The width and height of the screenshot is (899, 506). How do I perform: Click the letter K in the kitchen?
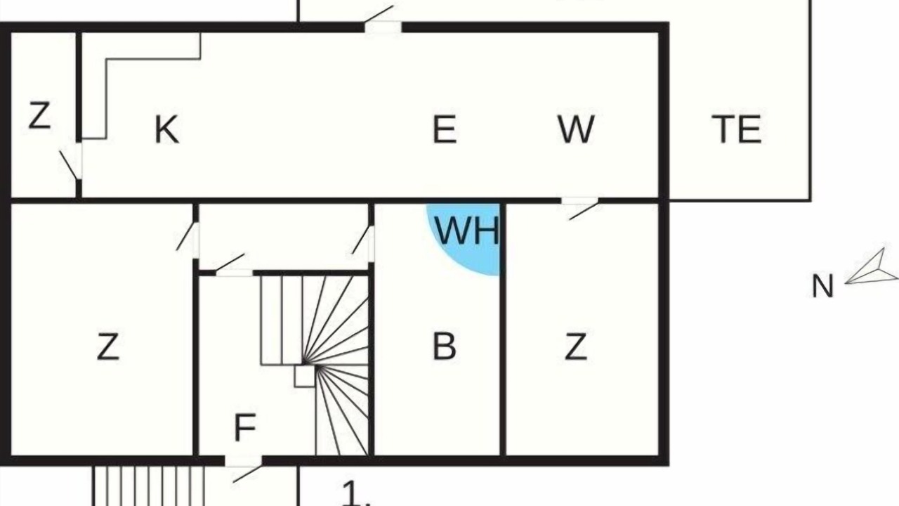click(167, 129)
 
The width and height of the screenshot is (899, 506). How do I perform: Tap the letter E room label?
click(445, 129)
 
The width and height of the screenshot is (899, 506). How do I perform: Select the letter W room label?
click(576, 129)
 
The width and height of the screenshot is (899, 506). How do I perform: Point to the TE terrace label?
click(737, 129)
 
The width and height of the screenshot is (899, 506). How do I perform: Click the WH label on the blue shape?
click(467, 231)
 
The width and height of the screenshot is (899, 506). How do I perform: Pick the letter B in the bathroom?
click(445, 346)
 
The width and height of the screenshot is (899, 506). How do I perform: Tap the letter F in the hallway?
click(245, 427)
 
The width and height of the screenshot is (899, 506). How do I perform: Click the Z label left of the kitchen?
click(40, 115)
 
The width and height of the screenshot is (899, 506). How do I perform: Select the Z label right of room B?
click(576, 346)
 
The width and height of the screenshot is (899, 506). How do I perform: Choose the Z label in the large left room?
click(108, 346)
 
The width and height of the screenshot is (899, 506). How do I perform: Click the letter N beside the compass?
click(822, 286)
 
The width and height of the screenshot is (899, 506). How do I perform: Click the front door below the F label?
click(243, 469)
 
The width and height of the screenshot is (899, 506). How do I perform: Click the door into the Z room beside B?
click(580, 207)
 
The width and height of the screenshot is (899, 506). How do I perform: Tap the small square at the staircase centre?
click(305, 376)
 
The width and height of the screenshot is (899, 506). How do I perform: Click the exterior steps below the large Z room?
click(149, 486)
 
